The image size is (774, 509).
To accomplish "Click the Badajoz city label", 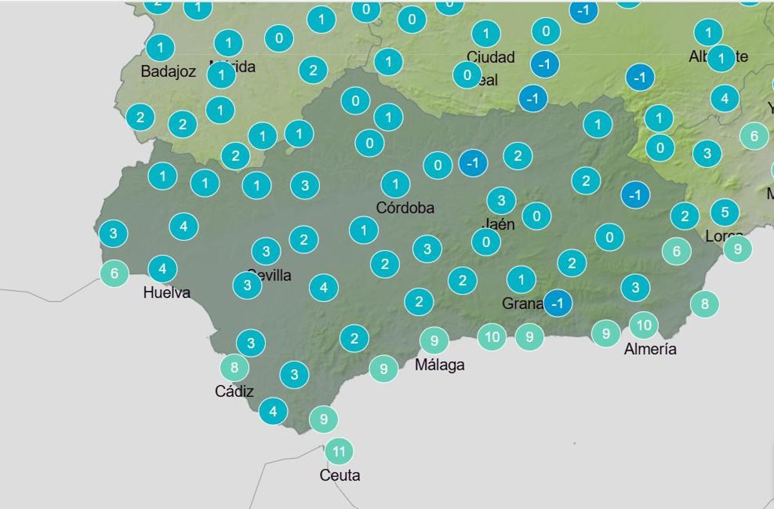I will click(x=168, y=72).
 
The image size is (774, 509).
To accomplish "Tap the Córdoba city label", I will click(x=405, y=208).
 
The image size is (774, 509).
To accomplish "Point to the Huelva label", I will click(x=166, y=293).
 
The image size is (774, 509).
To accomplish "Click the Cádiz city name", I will click(x=233, y=392).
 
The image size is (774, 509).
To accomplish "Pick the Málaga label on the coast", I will click(x=439, y=365).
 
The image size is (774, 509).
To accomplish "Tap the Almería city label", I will click(x=650, y=350).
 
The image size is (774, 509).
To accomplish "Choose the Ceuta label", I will click(x=340, y=476).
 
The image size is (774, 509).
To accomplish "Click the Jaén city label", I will click(x=498, y=225).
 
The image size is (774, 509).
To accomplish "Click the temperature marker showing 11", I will click(x=339, y=451).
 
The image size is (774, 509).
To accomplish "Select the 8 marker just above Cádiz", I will click(x=234, y=368).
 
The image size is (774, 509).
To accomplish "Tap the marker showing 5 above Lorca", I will click(x=725, y=212).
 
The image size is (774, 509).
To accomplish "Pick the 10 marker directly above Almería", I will click(x=644, y=326).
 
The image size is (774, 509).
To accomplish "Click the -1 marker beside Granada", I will click(x=558, y=303).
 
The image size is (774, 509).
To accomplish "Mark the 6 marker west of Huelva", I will click(x=114, y=274).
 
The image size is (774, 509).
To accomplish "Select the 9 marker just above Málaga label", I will click(x=434, y=340).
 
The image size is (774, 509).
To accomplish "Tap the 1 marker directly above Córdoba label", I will click(x=395, y=185).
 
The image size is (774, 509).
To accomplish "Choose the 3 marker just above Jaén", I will click(x=501, y=201).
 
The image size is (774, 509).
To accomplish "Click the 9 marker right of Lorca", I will click(x=737, y=248).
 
